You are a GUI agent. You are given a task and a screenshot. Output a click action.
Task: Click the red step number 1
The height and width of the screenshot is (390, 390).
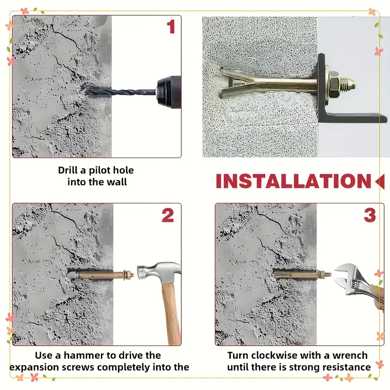171,27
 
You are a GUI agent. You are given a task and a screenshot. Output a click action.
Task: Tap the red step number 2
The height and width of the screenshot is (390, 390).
168,215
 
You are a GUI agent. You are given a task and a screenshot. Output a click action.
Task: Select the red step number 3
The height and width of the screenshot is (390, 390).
370,215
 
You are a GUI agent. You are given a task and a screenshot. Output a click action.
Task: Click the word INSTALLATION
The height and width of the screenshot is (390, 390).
293,181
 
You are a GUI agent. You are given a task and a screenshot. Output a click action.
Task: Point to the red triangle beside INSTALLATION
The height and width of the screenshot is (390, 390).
380,181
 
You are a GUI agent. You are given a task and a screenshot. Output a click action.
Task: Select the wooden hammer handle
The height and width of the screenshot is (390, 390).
172,313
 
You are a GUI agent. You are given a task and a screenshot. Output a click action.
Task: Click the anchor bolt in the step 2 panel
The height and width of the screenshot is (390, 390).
104,275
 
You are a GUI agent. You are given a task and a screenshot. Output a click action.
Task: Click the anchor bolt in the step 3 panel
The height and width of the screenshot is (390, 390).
302,275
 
